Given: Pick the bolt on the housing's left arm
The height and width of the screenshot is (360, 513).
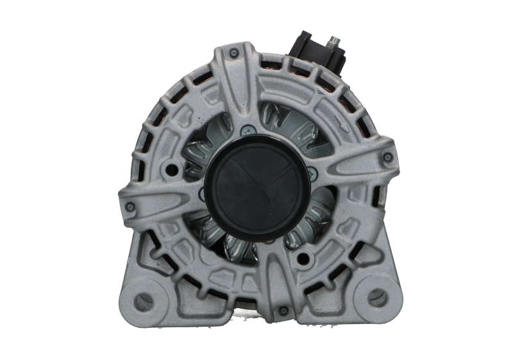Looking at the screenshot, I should click(130, 206).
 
